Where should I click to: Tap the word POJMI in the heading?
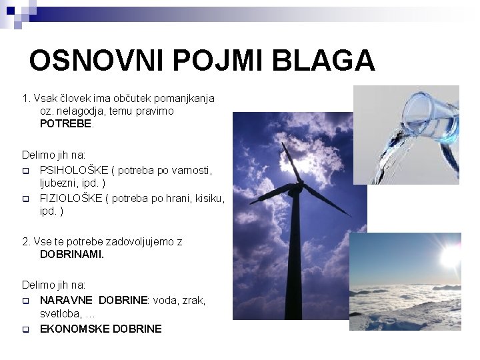[210, 61]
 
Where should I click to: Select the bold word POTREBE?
[67, 124]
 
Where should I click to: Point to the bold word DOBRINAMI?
[72, 254]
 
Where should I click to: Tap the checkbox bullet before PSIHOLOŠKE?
[26, 171]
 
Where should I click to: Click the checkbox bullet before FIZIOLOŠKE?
[26, 199]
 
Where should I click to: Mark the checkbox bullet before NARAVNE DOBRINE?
[26, 301]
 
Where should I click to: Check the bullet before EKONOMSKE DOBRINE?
[26, 329]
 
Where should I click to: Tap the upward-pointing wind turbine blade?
[288, 163]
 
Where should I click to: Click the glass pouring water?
[427, 113]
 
